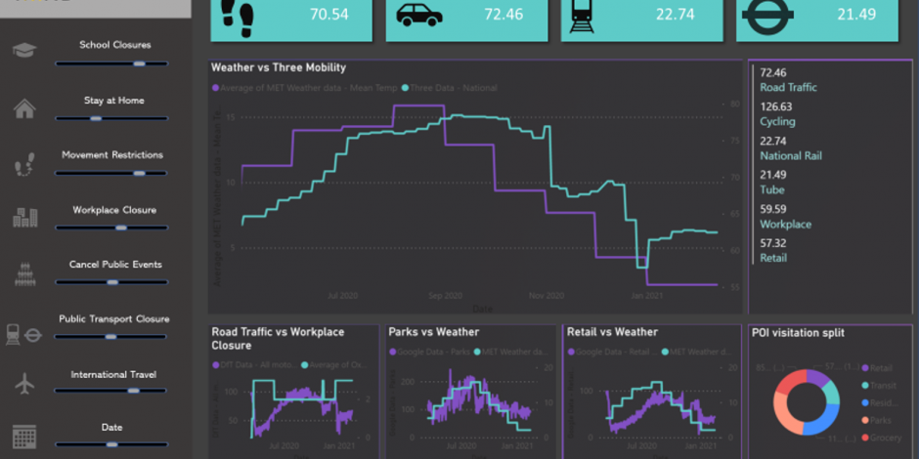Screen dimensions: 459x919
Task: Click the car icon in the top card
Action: [417, 15]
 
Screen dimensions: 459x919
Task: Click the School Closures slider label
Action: [115, 45]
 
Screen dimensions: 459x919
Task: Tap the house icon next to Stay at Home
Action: [25, 108]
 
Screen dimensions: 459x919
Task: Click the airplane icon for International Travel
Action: [25, 384]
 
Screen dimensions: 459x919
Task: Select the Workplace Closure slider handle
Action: [120, 228]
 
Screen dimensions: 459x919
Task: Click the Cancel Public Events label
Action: [115, 265]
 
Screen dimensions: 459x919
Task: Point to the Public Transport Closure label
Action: [113, 319]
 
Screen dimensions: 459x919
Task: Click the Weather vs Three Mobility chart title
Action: [279, 68]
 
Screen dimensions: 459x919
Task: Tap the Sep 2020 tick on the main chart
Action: [445, 295]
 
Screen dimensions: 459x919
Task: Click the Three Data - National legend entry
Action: [454, 88]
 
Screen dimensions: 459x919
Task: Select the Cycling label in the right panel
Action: [777, 122]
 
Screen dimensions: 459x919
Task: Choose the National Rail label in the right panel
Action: [791, 156]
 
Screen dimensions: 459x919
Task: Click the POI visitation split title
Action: [797, 333]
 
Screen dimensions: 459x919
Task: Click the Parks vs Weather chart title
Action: [433, 332]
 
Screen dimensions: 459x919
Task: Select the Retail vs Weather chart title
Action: [612, 332]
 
